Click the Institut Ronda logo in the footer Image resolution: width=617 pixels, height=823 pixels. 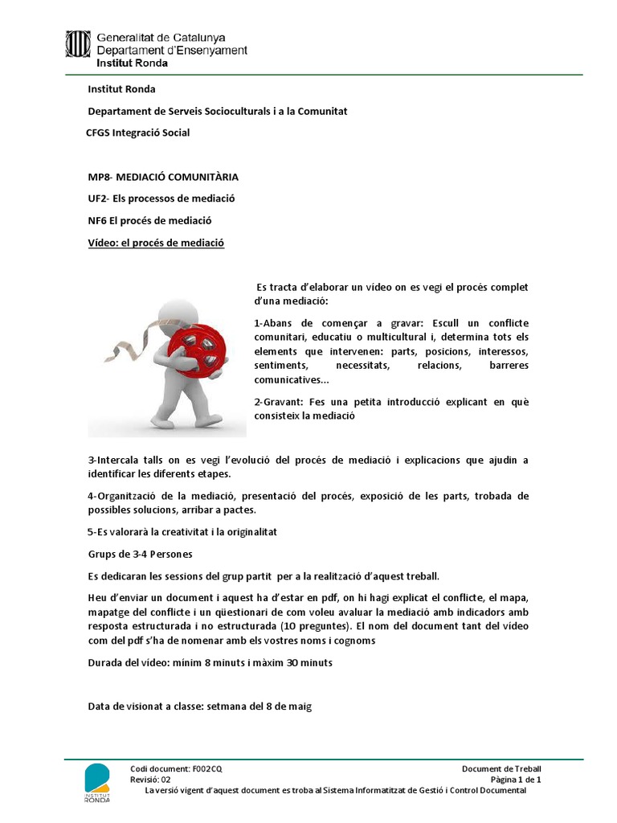tap(97, 781)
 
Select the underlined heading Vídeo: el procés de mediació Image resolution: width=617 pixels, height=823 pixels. tap(156, 242)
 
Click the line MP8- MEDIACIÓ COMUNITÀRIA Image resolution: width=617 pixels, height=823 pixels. tap(162, 176)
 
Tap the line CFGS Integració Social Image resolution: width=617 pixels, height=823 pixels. tap(137, 133)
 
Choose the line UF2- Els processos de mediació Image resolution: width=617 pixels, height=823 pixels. tap(161, 198)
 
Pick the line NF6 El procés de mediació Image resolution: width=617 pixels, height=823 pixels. tap(149, 220)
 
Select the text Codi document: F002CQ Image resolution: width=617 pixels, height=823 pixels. tap(170, 769)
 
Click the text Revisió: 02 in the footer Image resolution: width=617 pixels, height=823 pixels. tap(150, 780)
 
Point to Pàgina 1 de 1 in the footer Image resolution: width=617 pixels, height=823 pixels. tap(516, 780)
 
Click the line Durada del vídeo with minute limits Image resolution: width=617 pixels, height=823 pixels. tap(210, 663)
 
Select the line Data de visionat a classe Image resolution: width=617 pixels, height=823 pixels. tap(199, 706)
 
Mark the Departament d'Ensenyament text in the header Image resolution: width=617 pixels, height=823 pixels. tap(172, 50)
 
